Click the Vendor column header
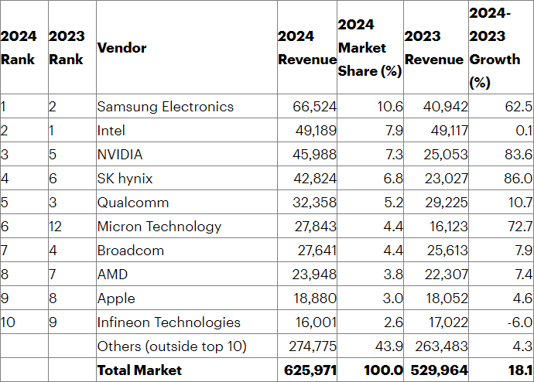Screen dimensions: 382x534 click(x=122, y=48)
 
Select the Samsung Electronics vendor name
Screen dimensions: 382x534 click(x=165, y=107)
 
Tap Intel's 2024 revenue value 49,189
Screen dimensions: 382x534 click(x=315, y=131)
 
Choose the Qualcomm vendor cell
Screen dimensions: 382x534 click(x=133, y=203)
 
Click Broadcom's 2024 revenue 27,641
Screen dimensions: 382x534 click(x=315, y=251)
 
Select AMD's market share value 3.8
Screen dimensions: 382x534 click(x=392, y=275)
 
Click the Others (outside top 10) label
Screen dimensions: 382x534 click(x=172, y=346)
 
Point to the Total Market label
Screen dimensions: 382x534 click(x=139, y=370)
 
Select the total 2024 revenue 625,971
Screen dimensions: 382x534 click(x=310, y=370)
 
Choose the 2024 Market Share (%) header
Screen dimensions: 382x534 click(x=369, y=48)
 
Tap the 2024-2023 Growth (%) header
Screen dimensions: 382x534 click(x=495, y=48)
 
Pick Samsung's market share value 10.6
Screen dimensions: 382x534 click(x=389, y=107)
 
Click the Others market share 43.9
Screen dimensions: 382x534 click(x=389, y=346)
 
